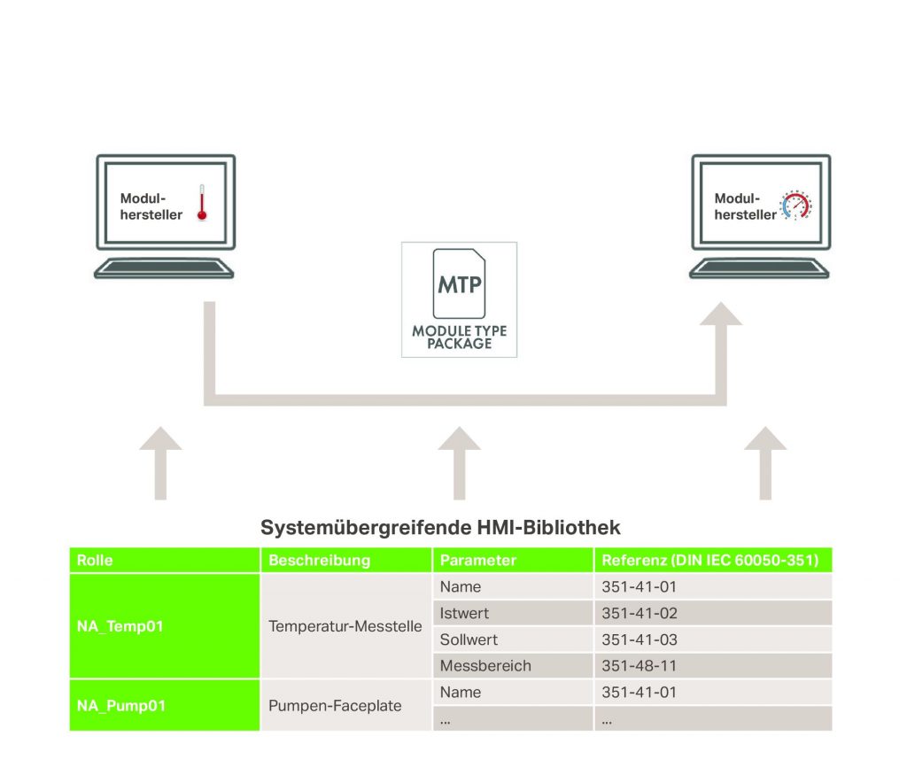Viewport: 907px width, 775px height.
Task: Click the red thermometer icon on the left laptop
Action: [x=202, y=202]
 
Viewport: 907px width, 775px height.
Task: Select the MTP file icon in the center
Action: [x=459, y=283]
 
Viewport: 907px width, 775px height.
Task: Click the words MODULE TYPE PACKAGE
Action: [x=459, y=337]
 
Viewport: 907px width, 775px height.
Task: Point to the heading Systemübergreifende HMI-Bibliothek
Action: [x=440, y=528]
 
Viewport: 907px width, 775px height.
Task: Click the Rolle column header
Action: [x=95, y=561]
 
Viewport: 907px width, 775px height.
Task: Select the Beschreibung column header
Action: [x=319, y=561]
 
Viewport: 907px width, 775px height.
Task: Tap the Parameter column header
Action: [x=477, y=561]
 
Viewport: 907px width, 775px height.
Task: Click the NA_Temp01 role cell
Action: [x=119, y=626]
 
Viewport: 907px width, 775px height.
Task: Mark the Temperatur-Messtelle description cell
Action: [x=345, y=626]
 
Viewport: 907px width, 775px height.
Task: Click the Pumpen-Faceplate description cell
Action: [x=335, y=706]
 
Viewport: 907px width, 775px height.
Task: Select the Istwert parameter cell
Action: [x=464, y=613]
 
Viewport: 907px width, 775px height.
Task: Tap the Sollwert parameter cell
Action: [x=469, y=639]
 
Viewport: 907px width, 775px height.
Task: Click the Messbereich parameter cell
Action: [x=485, y=666]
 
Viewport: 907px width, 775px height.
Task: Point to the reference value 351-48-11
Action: [x=639, y=666]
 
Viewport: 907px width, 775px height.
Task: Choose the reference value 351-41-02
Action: [x=639, y=613]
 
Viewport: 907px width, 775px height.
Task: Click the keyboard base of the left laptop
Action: [x=164, y=267]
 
